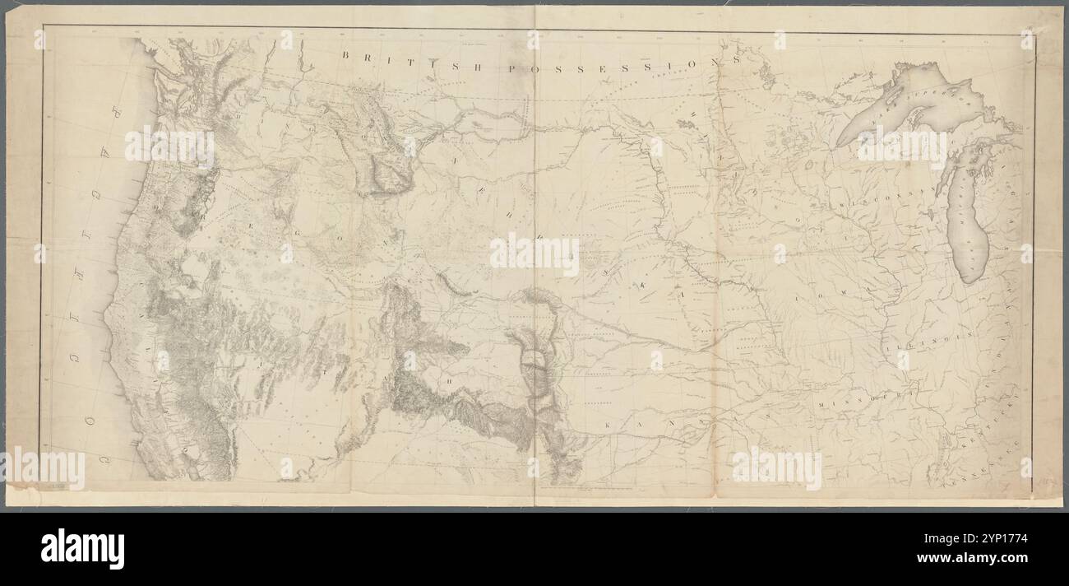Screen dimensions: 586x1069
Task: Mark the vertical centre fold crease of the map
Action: pyautogui.click(x=535, y=329)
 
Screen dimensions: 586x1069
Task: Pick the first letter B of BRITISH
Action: pyautogui.click(x=346, y=55)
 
